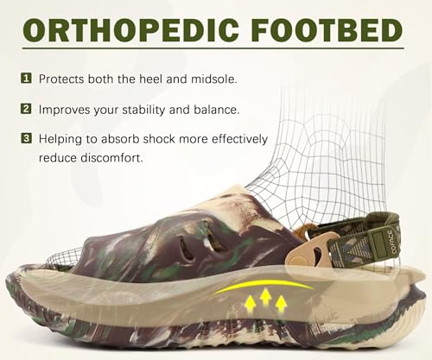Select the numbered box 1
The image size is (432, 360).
tap(26, 79)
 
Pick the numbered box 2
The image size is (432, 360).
tap(26, 110)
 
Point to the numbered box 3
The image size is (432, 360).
tap(26, 139)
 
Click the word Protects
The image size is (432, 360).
tap(66, 79)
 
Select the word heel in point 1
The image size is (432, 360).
tap(159, 79)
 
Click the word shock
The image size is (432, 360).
tap(162, 139)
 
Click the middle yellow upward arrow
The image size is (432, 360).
tap(267, 300)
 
